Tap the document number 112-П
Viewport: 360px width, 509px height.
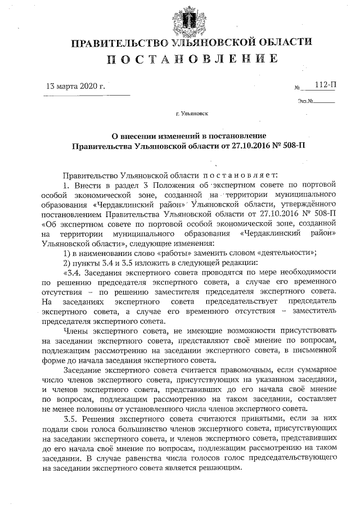point(326,85)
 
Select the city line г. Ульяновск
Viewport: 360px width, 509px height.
point(191,114)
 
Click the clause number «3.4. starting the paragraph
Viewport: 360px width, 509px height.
point(72,271)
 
